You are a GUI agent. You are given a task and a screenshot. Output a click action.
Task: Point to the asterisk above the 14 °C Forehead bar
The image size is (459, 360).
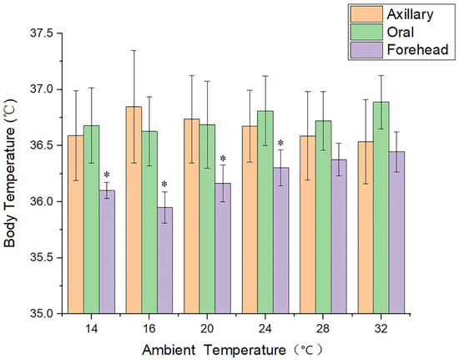click(107, 176)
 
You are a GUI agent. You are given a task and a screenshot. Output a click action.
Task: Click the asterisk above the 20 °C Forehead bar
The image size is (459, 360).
click(223, 160)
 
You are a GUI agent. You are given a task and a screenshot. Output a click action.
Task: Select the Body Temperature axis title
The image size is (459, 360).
click(10, 173)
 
